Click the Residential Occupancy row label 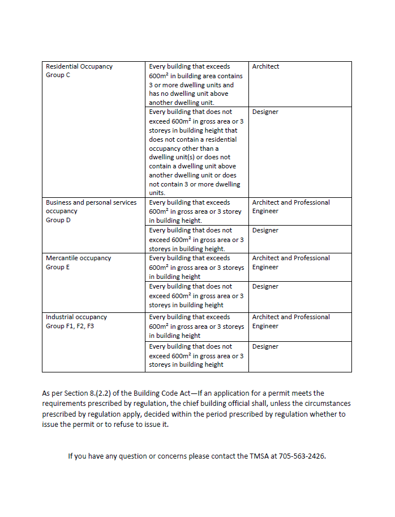(79, 66)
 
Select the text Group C (58, 75)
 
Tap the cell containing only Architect (265, 66)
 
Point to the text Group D (58, 220)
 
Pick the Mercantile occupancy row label (78, 258)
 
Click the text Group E (58, 267)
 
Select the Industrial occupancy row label (76, 317)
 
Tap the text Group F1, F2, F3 (70, 326)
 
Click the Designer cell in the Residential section (265, 112)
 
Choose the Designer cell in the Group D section (265, 230)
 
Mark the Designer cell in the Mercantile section (265, 286)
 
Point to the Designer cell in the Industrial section (265, 346)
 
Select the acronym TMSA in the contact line (258, 456)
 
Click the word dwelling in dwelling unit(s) (161, 157)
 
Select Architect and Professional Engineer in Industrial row (291, 321)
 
